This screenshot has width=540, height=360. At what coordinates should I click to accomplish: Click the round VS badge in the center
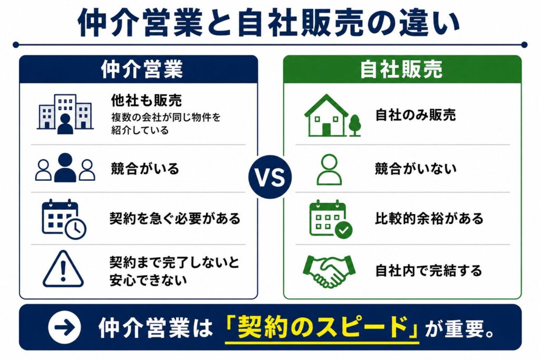point(271,177)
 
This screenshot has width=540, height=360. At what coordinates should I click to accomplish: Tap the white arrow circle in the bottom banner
point(64,327)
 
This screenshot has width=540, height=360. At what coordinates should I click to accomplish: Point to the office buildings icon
point(65,114)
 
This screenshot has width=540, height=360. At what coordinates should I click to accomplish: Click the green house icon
point(326,115)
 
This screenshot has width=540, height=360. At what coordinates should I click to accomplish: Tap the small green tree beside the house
point(355,125)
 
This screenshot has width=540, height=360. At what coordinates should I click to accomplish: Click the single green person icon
point(329,169)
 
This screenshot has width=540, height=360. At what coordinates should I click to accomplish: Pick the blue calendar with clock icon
point(64,219)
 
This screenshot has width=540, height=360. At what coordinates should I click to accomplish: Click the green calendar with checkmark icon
point(331,219)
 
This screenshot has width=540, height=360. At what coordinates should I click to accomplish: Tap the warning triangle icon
point(63,269)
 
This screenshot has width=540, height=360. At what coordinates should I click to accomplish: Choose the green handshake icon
point(329,271)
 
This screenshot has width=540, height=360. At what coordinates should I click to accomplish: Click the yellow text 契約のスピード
point(322,327)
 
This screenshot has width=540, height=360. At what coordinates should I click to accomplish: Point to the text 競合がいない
point(416,169)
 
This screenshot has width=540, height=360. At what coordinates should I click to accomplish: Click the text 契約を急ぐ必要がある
point(175,219)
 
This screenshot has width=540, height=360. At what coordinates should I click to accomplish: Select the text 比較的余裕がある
point(429,219)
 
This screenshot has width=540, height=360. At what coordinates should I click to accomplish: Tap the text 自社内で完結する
point(428,270)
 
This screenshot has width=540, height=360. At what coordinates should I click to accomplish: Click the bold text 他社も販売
point(147,101)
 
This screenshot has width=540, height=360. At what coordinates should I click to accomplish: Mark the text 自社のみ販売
point(416,115)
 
